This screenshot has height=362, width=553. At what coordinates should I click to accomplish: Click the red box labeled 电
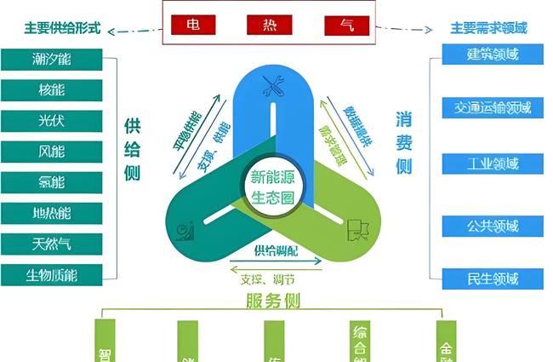(x=194, y=25)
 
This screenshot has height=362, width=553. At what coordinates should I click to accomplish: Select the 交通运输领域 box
(x=493, y=108)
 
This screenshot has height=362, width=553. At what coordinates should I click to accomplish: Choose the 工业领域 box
(x=493, y=164)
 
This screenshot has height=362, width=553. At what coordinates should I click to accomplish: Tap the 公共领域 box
(x=493, y=227)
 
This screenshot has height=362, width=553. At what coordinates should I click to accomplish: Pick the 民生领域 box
(x=493, y=278)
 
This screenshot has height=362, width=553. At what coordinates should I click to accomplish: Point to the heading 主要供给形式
(x=62, y=28)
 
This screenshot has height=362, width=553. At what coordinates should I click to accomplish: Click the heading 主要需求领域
(x=488, y=28)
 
